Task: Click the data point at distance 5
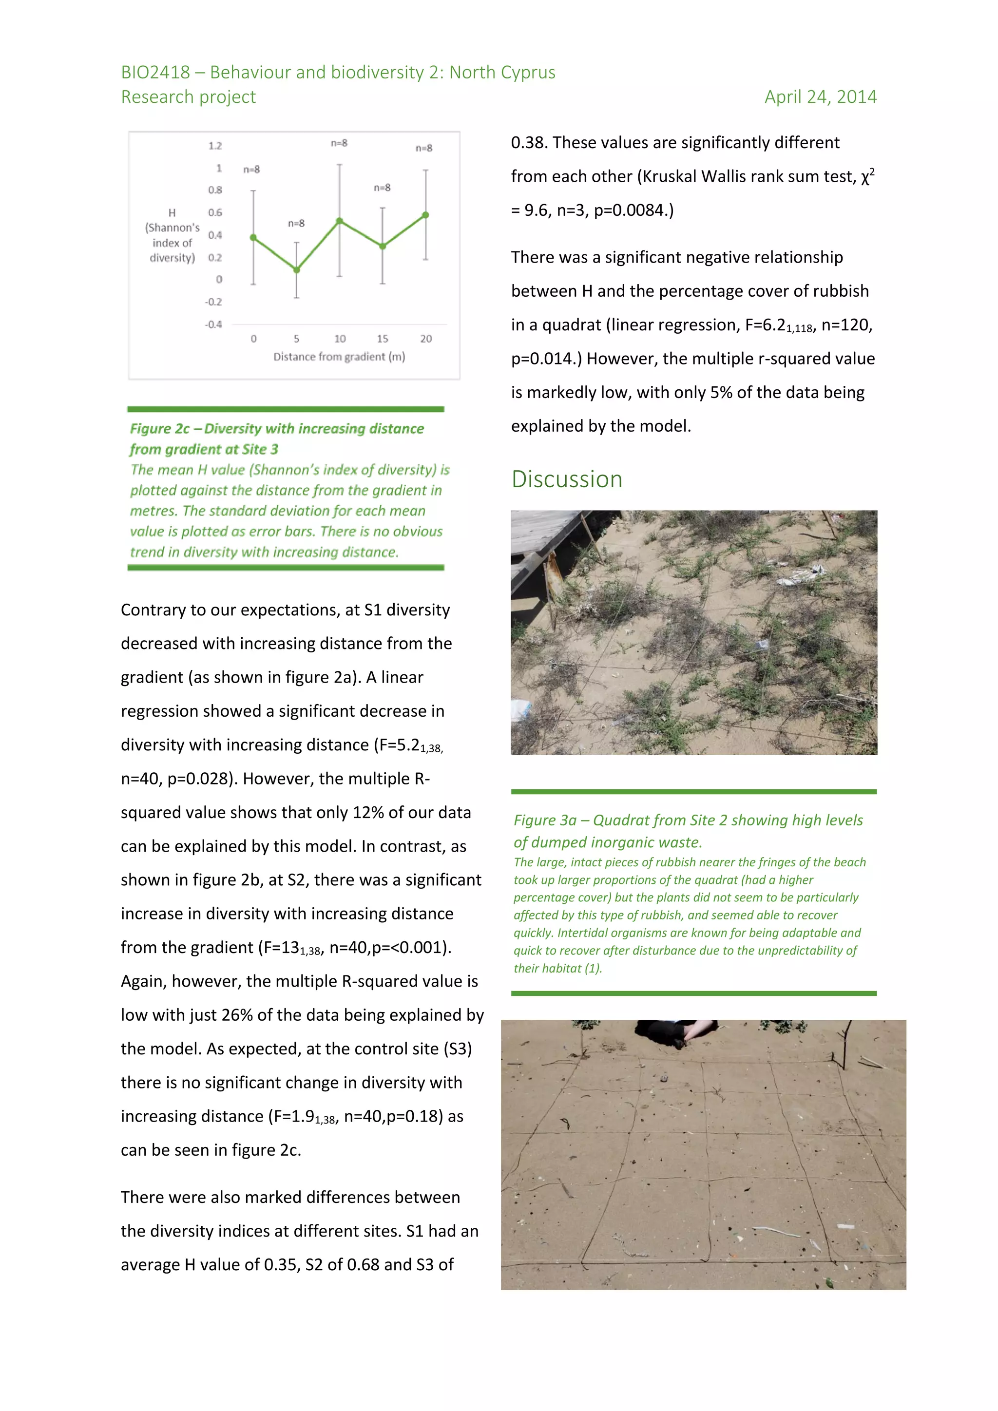click(296, 270)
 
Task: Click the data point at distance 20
click(425, 215)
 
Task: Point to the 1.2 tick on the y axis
click(214, 146)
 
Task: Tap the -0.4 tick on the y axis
click(213, 324)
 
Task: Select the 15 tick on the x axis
click(382, 339)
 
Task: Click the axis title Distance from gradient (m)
click(339, 357)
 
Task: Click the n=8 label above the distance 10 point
click(339, 143)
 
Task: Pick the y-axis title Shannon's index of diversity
click(172, 235)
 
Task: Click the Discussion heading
click(567, 479)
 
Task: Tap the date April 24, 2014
click(820, 97)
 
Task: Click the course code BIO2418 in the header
click(155, 73)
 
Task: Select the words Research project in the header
click(188, 97)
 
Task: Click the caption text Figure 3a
click(544, 820)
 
